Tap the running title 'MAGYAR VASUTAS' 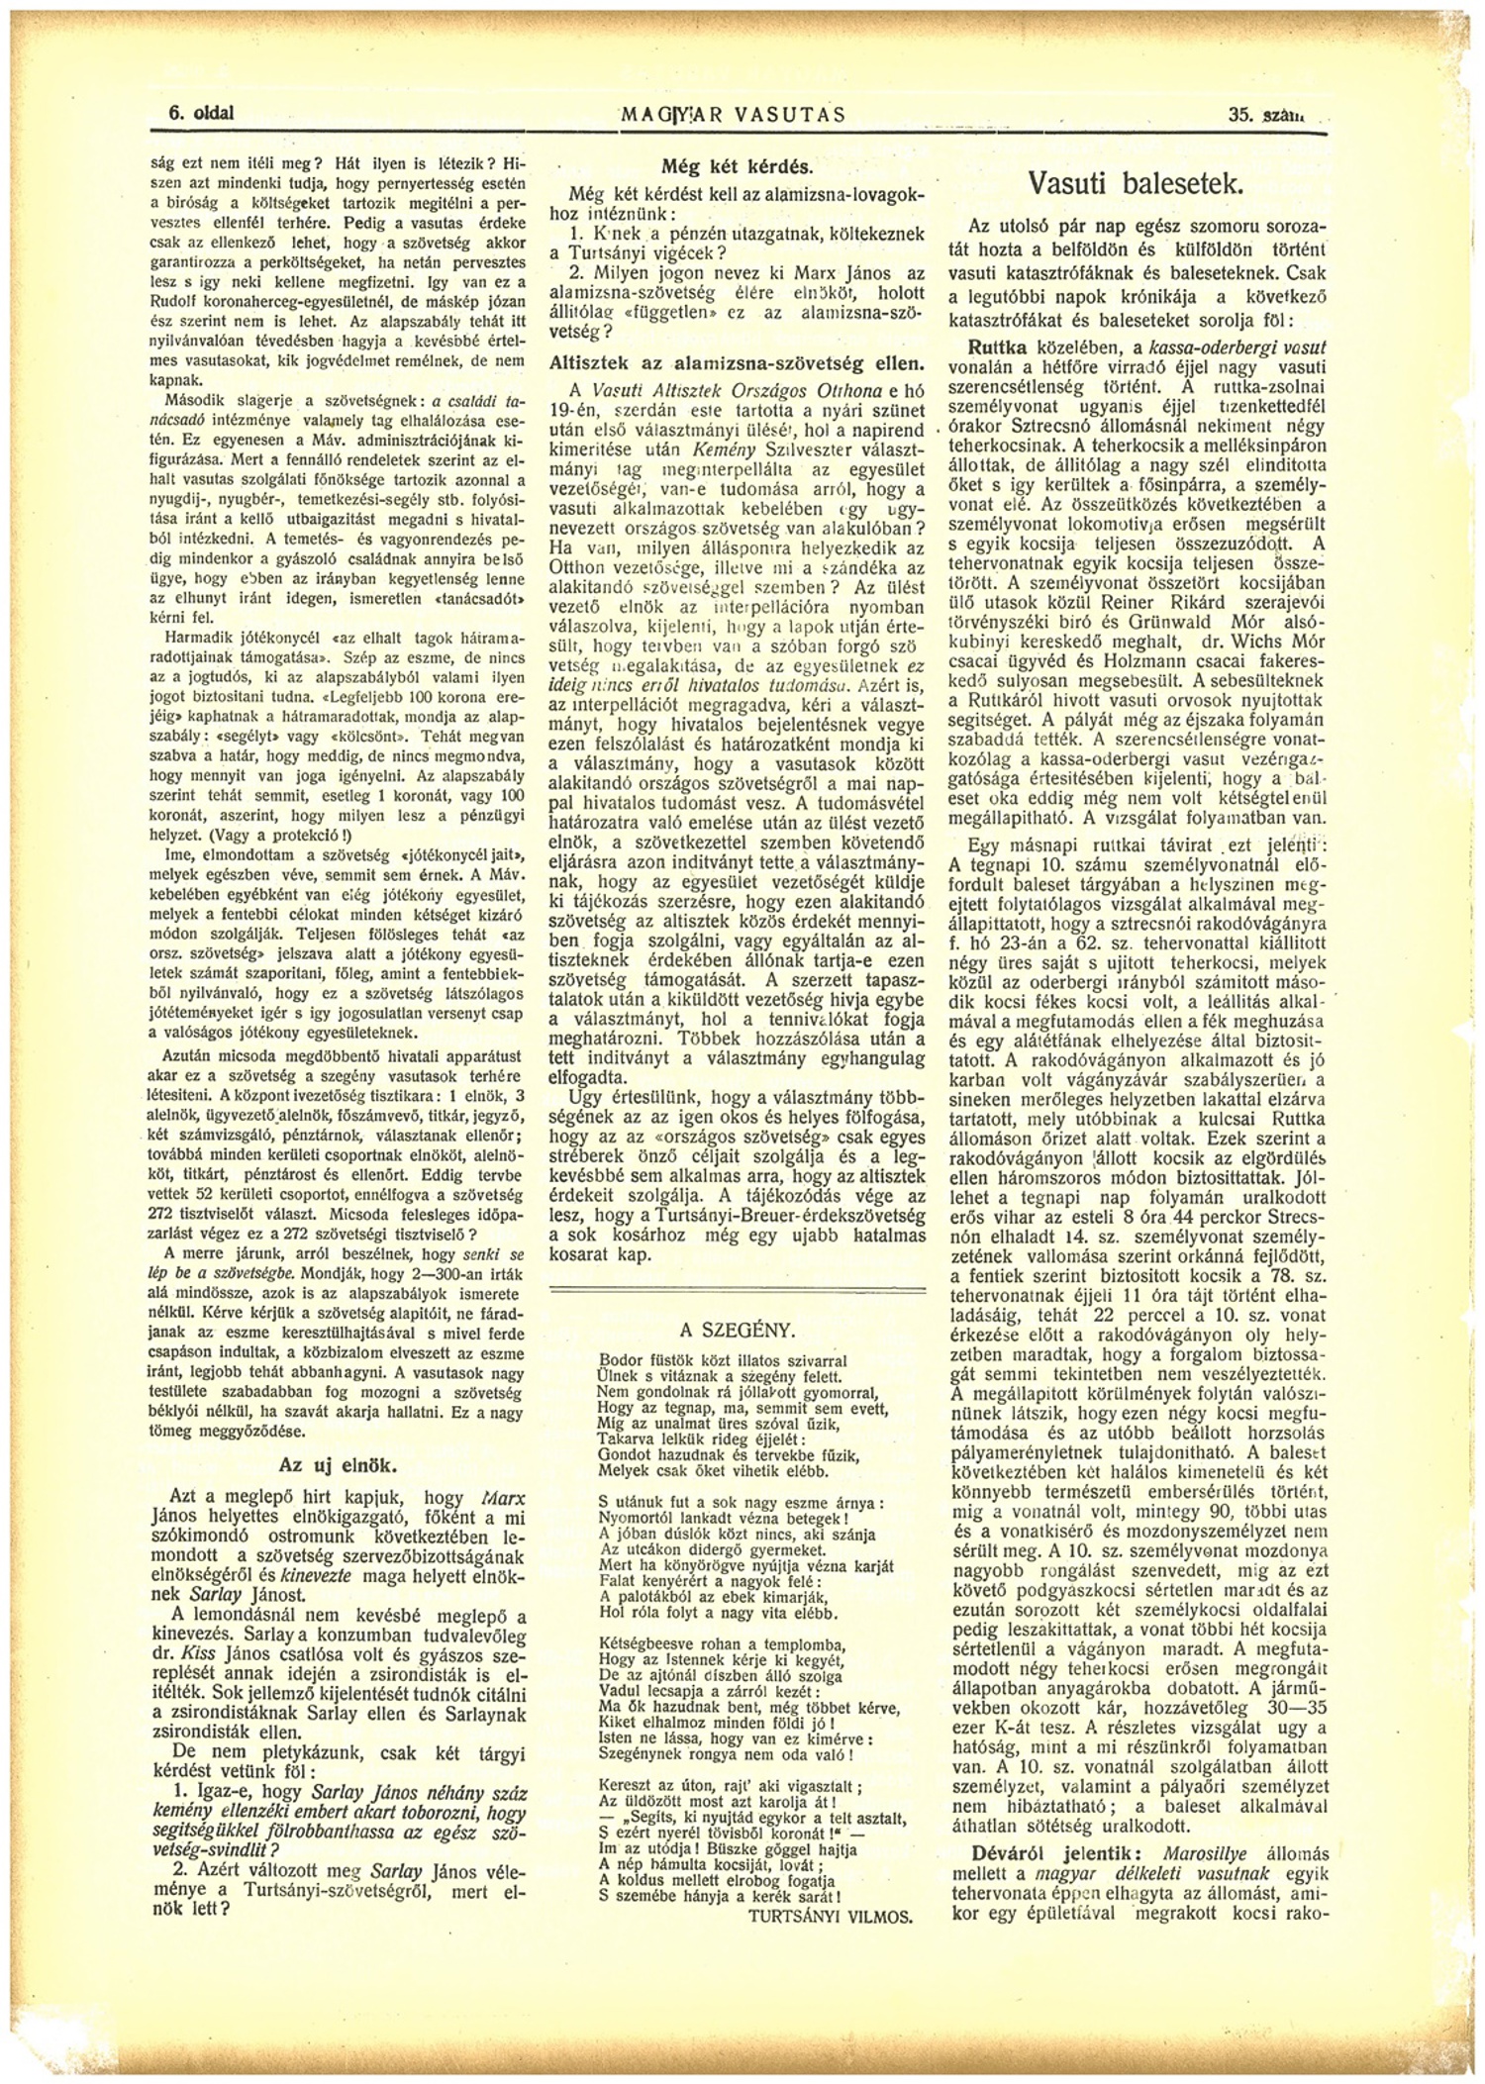click(734, 114)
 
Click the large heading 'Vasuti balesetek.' click(1136, 184)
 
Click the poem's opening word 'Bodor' click(619, 1360)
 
